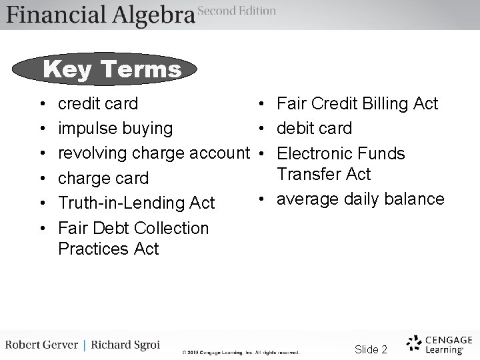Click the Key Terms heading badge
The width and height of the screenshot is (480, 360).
pyautogui.click(x=111, y=69)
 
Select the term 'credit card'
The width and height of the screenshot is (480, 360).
pyautogui.click(x=98, y=104)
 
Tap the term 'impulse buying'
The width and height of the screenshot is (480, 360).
pyautogui.click(x=115, y=128)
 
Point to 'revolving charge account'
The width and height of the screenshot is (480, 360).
pyautogui.click(x=153, y=153)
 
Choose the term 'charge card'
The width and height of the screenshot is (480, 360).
pyautogui.click(x=103, y=179)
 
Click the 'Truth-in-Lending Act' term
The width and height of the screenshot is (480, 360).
pyautogui.click(x=136, y=203)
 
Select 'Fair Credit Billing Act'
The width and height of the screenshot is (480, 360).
pyautogui.click(x=357, y=104)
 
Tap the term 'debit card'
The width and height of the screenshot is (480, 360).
pyautogui.click(x=314, y=128)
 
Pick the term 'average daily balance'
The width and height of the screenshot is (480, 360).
pyautogui.click(x=360, y=199)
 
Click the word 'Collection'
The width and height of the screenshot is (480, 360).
pyautogui.click(x=171, y=228)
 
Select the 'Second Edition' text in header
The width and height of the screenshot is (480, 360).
pyautogui.click(x=237, y=11)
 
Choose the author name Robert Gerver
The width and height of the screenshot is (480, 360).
pyautogui.click(x=41, y=345)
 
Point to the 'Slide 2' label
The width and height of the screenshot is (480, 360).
pyautogui.click(x=371, y=349)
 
